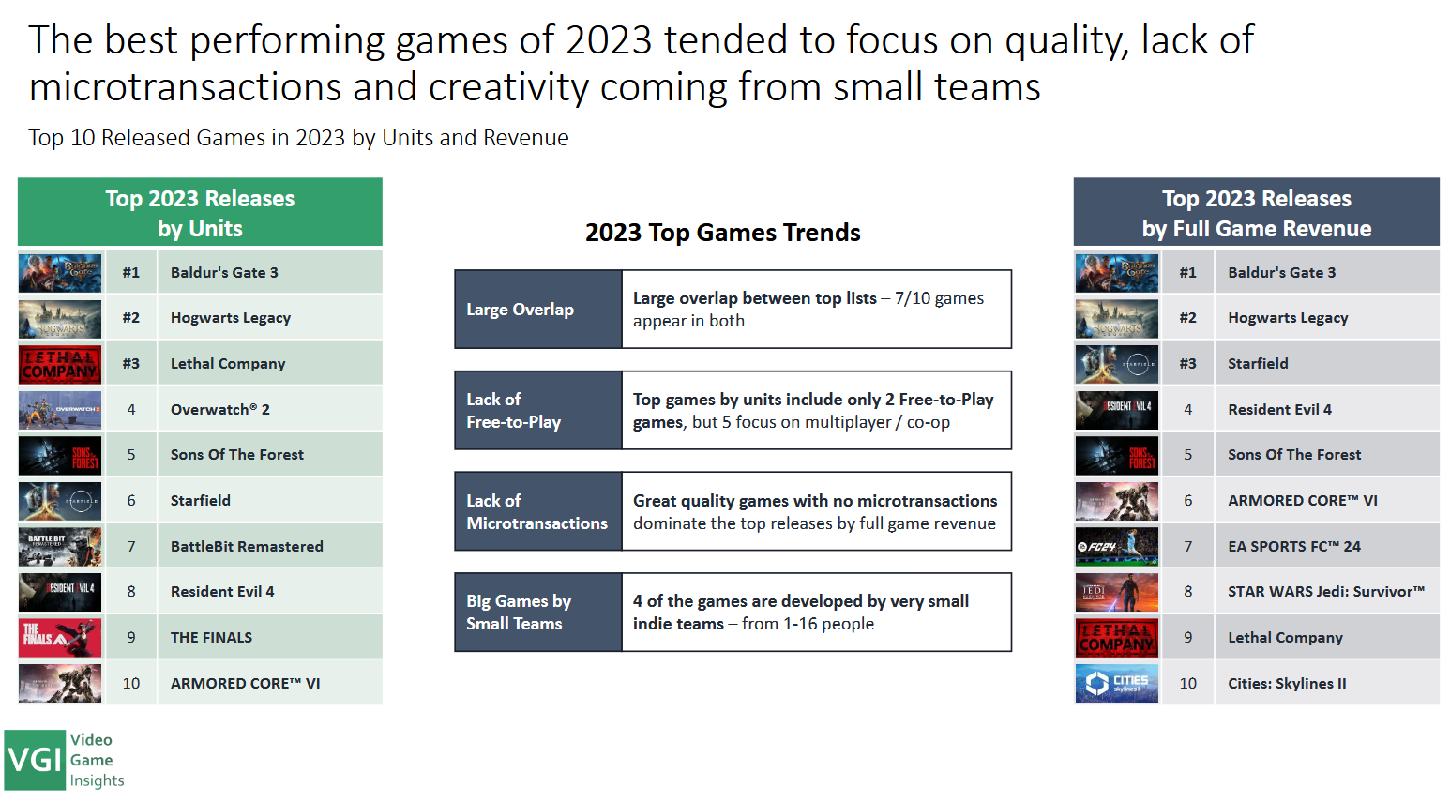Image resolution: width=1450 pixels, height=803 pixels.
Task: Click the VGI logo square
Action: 35,760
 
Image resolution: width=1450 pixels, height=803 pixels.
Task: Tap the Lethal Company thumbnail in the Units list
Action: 60,365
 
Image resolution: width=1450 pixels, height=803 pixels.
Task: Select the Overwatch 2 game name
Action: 220,409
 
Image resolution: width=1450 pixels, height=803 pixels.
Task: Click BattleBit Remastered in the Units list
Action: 247,546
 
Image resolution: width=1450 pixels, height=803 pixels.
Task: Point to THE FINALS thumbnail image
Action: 60,638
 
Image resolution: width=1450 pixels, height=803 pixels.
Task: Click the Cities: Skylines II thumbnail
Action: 1117,683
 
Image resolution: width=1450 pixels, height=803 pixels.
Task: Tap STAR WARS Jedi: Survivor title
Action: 1326,591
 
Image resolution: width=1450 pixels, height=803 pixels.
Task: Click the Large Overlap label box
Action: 538,310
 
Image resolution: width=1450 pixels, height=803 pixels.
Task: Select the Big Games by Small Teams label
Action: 538,612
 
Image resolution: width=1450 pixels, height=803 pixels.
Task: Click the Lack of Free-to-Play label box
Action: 538,410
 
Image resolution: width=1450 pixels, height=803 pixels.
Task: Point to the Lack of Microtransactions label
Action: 538,511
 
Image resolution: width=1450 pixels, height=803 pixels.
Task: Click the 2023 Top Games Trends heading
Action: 722,233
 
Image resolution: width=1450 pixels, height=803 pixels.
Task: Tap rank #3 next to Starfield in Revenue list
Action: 1187,363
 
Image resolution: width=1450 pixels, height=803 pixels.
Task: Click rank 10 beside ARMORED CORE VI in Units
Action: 131,683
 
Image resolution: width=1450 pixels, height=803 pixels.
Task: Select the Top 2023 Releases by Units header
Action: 200,212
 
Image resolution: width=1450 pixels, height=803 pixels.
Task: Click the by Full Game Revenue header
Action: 1257,229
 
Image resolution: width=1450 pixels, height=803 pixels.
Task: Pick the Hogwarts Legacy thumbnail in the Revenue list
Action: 1117,319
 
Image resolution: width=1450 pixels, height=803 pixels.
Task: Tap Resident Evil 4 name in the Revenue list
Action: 1279,409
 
